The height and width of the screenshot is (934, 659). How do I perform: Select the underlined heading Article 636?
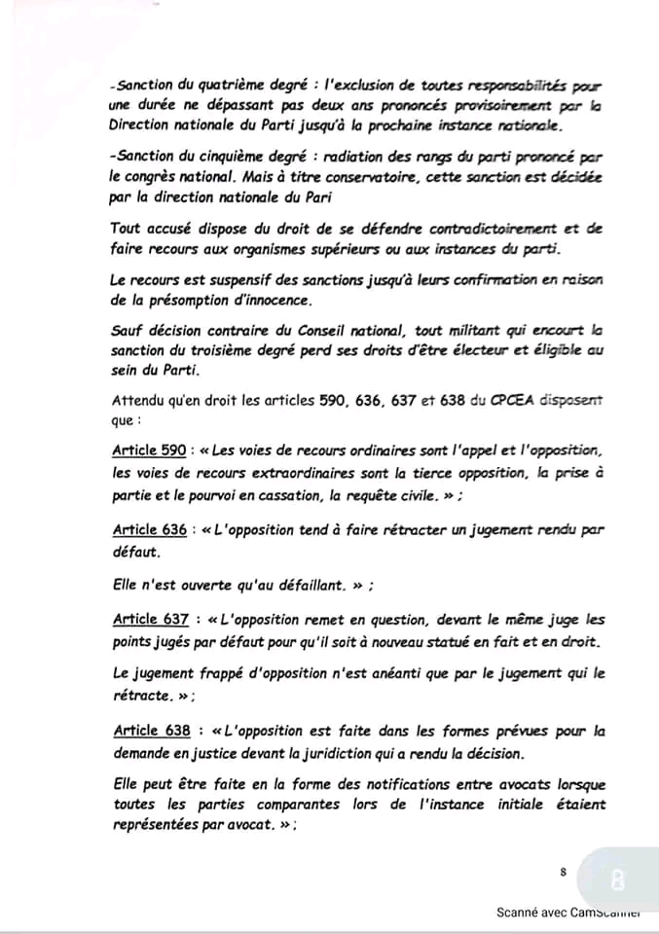147,529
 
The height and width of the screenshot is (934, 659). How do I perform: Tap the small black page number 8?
564,873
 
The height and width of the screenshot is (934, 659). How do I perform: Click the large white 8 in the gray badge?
617,881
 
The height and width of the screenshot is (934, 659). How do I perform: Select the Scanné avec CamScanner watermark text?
573,913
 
